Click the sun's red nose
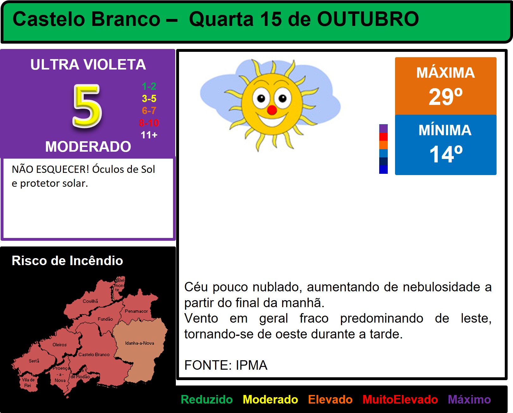pyautogui.click(x=272, y=110)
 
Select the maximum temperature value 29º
pyautogui.click(x=446, y=96)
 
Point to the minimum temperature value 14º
pyautogui.click(x=446, y=154)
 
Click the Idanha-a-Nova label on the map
pyautogui.click(x=140, y=343)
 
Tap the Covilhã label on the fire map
pyautogui.click(x=90, y=301)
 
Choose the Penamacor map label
pyautogui.click(x=136, y=311)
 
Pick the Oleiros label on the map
pyautogui.click(x=59, y=345)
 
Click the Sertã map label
pyautogui.click(x=34, y=361)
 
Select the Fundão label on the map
pyautogui.click(x=105, y=319)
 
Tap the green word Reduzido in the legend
pyautogui.click(x=207, y=399)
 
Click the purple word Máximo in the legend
pyautogui.click(x=469, y=399)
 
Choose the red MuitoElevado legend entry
pyautogui.click(x=400, y=399)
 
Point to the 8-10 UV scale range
pyautogui.click(x=149, y=123)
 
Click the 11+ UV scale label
pyautogui.click(x=149, y=135)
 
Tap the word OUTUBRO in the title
pyautogui.click(x=368, y=19)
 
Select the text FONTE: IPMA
pyautogui.click(x=226, y=365)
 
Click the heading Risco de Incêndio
pyautogui.click(x=67, y=260)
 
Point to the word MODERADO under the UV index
pyautogui.click(x=88, y=146)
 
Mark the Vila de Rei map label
pyautogui.click(x=28, y=383)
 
